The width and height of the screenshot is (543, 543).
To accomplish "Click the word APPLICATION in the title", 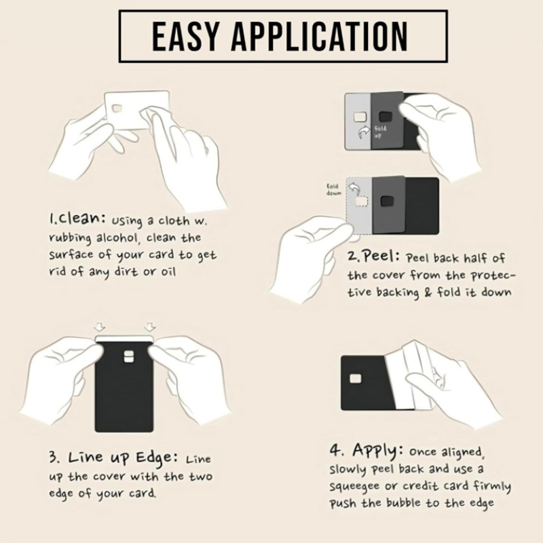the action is click(x=320, y=37).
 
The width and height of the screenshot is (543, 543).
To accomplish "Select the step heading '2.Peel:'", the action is click(x=374, y=257).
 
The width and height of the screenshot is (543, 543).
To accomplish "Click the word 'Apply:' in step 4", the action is click(x=378, y=450).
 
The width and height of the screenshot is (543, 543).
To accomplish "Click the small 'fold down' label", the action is click(x=334, y=190).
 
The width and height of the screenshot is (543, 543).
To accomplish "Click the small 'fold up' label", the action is click(x=380, y=132).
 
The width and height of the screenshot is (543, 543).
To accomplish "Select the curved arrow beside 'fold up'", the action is click(x=364, y=132).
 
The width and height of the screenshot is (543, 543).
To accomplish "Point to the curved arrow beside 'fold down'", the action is click(x=354, y=189).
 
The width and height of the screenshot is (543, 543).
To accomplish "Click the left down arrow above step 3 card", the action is click(x=100, y=327).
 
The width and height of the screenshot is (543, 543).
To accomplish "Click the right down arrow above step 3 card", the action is click(x=149, y=327).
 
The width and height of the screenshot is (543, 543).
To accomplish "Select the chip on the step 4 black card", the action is click(x=355, y=379).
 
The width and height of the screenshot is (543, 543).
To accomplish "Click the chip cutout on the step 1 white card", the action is click(x=117, y=109).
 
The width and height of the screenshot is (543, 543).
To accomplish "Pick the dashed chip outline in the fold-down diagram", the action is click(x=362, y=202).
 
